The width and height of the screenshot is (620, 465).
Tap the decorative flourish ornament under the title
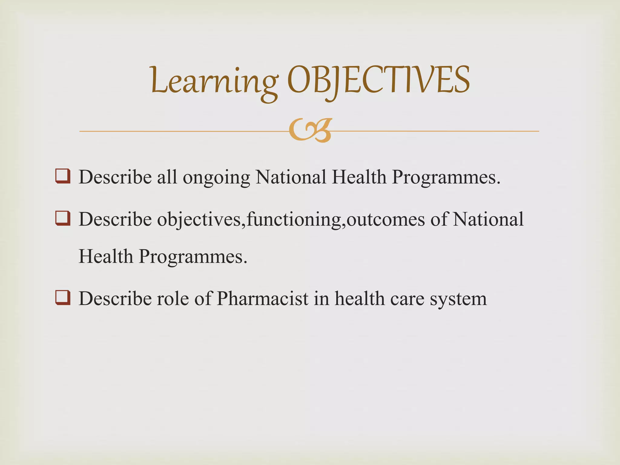pyautogui.click(x=310, y=131)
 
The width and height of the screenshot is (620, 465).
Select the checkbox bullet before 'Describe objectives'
pyautogui.click(x=63, y=218)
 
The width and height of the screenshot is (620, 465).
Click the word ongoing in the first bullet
pyautogui.click(x=216, y=178)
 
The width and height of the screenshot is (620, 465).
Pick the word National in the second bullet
pyautogui.click(x=488, y=219)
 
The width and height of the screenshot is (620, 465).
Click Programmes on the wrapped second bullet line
pyautogui.click(x=193, y=257)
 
